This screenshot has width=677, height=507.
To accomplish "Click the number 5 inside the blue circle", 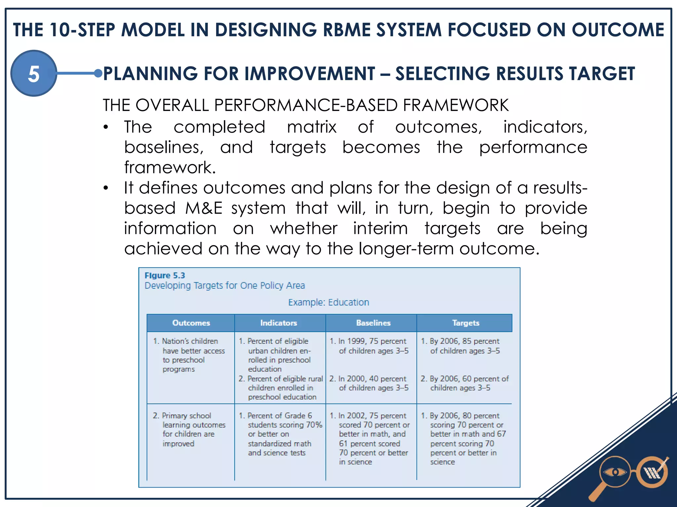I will coord(34,74).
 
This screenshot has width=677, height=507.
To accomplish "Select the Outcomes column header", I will coord(191,323).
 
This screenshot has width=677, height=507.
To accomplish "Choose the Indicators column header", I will coord(278,323).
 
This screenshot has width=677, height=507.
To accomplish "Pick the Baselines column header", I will coord(373,323).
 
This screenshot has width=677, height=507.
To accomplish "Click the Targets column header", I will coord(465,323).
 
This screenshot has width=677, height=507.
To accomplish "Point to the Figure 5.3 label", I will coord(165,275).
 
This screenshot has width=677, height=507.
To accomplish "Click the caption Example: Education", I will coord(328,302).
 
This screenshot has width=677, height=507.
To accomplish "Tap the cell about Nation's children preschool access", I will coord(190,355).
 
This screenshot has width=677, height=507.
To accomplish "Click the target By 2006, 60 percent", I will coord(464,383).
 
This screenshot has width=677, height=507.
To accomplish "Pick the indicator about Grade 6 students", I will coord(280,434).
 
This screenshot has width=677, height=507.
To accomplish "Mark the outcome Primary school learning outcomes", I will coord(190,429).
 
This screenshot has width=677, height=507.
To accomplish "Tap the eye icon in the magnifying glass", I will coord(615,472).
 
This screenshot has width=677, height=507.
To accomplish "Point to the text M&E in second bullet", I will coord(204,208).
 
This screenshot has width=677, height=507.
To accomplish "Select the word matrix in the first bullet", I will coord(311,127).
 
